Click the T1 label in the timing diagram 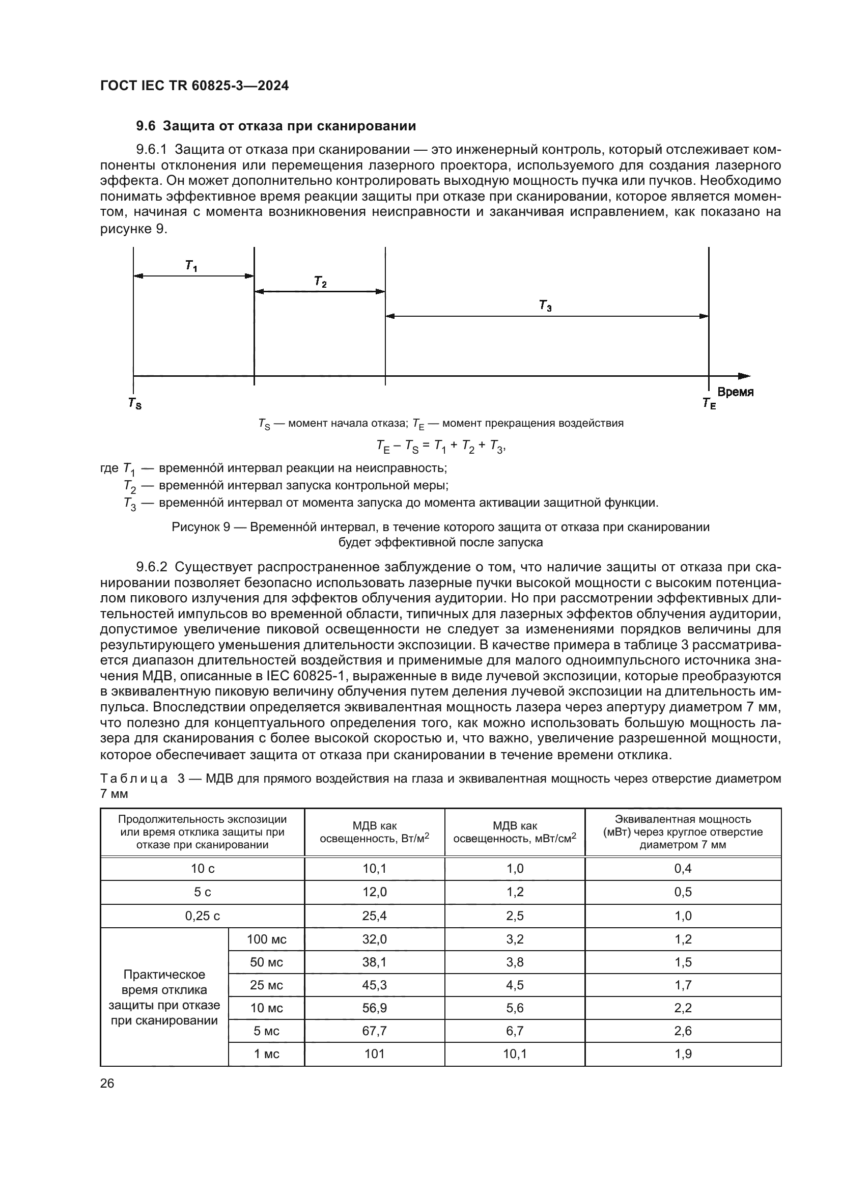click(191, 266)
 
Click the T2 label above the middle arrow click(320, 282)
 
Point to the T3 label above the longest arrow click(545, 306)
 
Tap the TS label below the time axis click(135, 403)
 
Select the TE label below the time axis click(709, 403)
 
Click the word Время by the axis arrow click(735, 392)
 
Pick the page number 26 click(107, 1083)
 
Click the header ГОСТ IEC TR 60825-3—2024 click(194, 86)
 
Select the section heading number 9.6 click(146, 126)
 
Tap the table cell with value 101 click(374, 1054)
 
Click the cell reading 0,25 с click(202, 916)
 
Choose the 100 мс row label click(266, 939)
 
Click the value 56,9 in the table click(374, 1008)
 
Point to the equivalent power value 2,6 click(683, 1031)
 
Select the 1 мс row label click(266, 1054)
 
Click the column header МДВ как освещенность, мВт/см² click(514, 832)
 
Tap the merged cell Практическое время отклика click(164, 997)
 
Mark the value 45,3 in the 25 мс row click(374, 985)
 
